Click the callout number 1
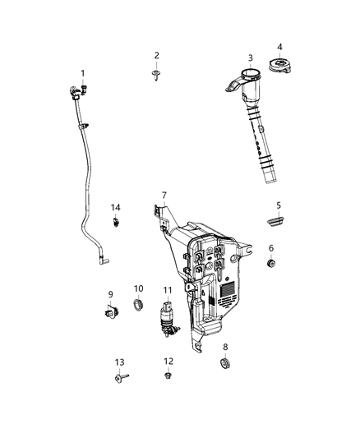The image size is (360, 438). pos(82,72)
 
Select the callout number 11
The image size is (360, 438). pos(167,291)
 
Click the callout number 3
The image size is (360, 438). pos(250,58)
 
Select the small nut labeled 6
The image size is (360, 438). pos(271,263)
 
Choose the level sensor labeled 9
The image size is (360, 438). pos(109,311)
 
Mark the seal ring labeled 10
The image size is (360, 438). pos(139,309)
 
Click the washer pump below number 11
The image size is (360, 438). pos(168,321)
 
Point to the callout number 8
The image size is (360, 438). pos(226,348)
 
